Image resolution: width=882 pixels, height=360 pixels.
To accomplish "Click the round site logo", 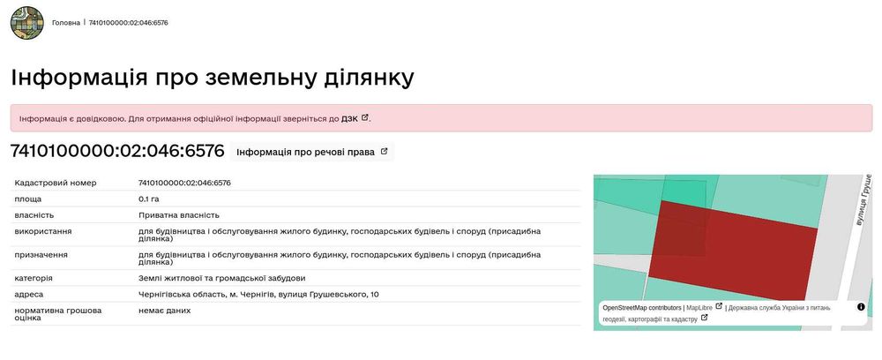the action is click(x=27, y=23).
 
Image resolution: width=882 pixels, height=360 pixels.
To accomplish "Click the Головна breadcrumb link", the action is click(x=66, y=23).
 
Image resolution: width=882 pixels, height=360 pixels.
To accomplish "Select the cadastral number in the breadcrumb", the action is click(x=128, y=23).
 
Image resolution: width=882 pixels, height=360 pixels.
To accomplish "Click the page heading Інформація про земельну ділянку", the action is click(x=212, y=78).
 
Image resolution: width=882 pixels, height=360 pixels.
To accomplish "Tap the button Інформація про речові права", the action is click(x=312, y=152).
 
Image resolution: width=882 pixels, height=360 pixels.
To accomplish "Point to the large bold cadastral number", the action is click(x=117, y=151).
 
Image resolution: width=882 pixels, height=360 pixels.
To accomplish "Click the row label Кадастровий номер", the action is click(x=56, y=183).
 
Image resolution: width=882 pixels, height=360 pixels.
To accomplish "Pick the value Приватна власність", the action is click(x=179, y=215).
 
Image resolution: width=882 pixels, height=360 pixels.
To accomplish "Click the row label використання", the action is click(x=43, y=231).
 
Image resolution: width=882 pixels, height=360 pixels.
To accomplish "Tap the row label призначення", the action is click(x=41, y=255).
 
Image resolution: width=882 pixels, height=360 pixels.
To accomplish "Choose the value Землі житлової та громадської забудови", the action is click(x=221, y=279).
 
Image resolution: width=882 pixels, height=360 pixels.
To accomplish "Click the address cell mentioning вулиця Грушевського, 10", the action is click(x=258, y=294).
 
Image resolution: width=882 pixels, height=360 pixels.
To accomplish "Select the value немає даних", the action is click(x=164, y=311).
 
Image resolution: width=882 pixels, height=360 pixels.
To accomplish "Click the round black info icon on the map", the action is click(x=861, y=307).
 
